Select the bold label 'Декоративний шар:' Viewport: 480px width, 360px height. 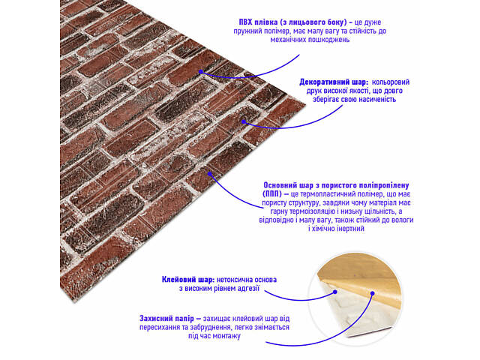pyautogui.click(x=334, y=82)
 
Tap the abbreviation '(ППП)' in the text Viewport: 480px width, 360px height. pyautogui.click(x=272, y=194)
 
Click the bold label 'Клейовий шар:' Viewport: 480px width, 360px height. pyautogui.click(x=188, y=280)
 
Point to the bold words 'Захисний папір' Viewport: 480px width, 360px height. pyautogui.click(x=166, y=319)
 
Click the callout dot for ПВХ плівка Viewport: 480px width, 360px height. pyautogui.click(x=201, y=72)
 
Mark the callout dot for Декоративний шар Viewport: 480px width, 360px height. pyautogui.click(x=244, y=121)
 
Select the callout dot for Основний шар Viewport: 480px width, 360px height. pyautogui.click(x=210, y=174)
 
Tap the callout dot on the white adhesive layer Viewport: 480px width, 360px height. pyautogui.click(x=335, y=292)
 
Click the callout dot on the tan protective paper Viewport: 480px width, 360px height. pyautogui.click(x=372, y=293)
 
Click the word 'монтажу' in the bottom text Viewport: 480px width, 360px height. pyautogui.click(x=226, y=336)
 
